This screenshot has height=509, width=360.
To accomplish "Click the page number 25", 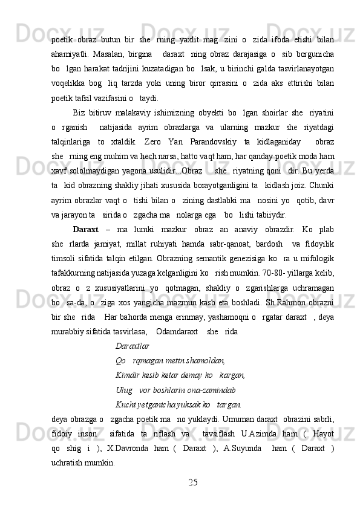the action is (193, 482).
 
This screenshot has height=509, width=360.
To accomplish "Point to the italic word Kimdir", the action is (127, 375).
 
